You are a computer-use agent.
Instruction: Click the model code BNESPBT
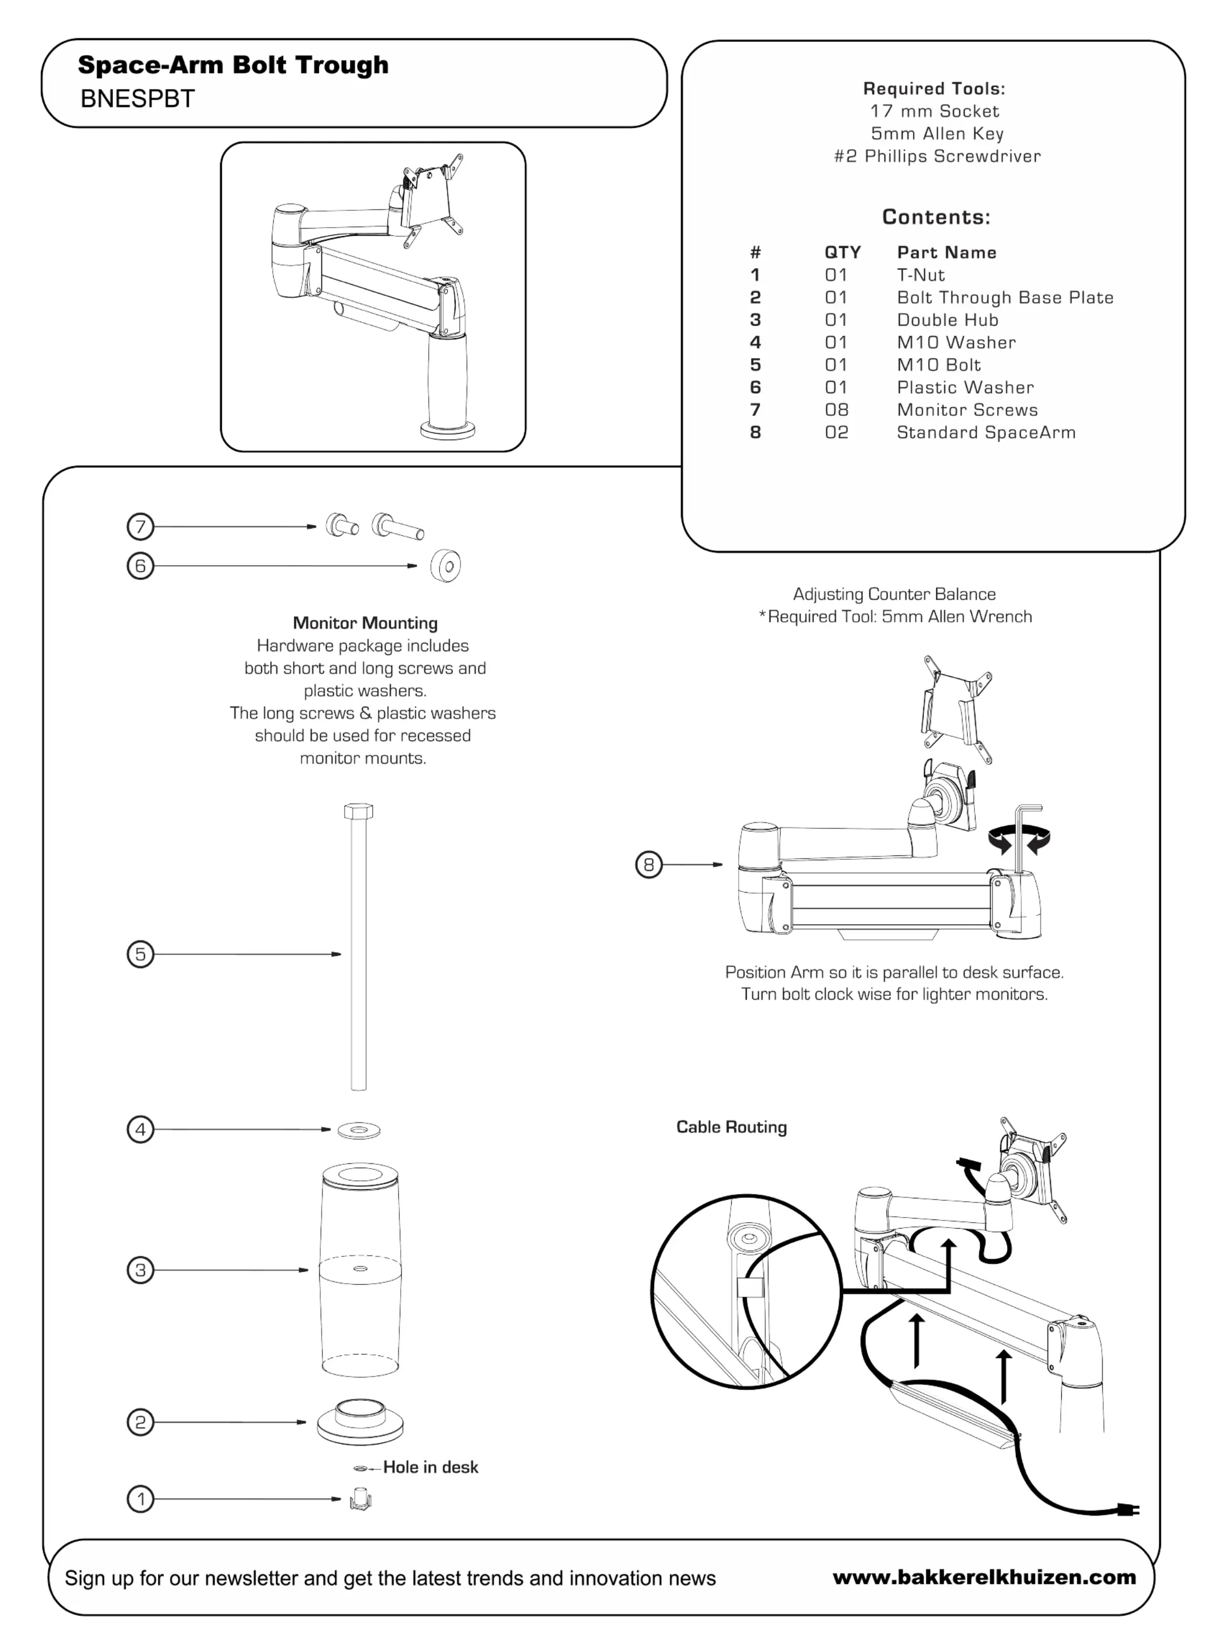137,99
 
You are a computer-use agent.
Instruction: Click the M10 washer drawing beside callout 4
359,1130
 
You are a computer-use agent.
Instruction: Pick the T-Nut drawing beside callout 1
361,1499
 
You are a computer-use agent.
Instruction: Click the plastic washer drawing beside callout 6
445,566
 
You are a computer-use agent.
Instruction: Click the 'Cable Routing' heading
731,1127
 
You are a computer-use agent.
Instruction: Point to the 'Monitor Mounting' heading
365,623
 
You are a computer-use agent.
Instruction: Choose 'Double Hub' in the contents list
947,320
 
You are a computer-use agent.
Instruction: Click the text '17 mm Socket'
935,111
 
